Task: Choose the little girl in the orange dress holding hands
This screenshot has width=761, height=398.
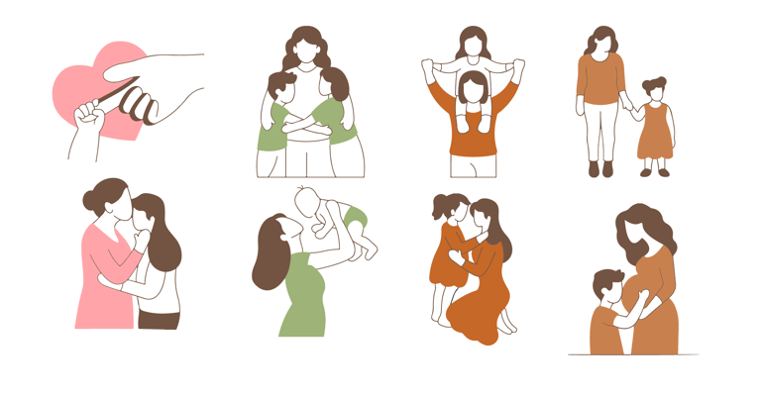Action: (653, 129)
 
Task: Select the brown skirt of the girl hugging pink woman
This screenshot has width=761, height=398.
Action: (159, 319)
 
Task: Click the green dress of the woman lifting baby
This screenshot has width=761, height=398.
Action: (303, 297)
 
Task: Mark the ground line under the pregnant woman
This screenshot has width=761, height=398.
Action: (634, 354)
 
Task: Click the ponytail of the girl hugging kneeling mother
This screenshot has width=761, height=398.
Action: (437, 207)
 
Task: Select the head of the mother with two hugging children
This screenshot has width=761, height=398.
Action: (306, 50)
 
